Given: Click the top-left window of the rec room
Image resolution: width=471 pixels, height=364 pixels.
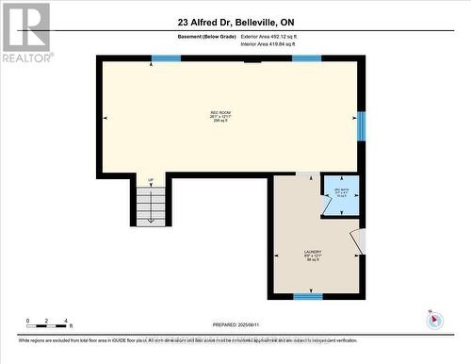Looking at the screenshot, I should [166, 58].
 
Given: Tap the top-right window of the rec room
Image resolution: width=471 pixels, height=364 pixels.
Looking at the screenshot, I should [306, 58].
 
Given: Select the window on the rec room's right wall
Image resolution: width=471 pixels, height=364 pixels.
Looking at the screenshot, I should [361, 125].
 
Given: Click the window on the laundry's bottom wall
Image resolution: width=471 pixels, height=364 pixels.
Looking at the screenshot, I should [307, 296].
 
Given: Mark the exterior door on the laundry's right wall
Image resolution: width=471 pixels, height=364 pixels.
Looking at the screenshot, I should [356, 242].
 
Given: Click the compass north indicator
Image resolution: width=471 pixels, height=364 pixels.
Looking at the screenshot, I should [433, 319].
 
